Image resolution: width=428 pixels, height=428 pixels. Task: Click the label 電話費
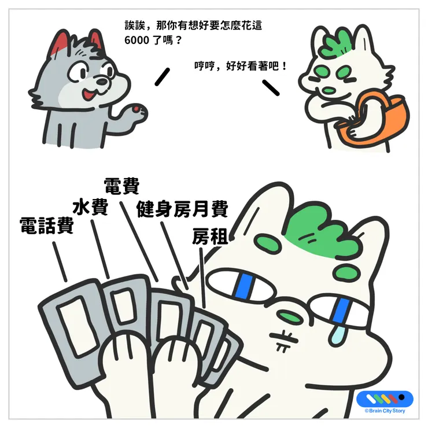tap(46, 225)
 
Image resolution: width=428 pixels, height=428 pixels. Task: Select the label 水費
tap(90, 207)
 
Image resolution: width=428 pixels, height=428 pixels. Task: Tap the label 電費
tap(121, 187)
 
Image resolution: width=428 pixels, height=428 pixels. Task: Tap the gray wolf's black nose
tap(102, 84)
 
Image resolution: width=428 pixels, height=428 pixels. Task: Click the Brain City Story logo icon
tap(385, 399)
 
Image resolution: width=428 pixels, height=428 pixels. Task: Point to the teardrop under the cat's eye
tap(337, 330)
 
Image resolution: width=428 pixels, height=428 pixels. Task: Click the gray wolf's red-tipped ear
tap(58, 43)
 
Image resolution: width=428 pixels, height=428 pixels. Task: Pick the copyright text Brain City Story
tap(386, 411)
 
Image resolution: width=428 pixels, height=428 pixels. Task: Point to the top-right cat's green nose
tap(327, 90)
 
